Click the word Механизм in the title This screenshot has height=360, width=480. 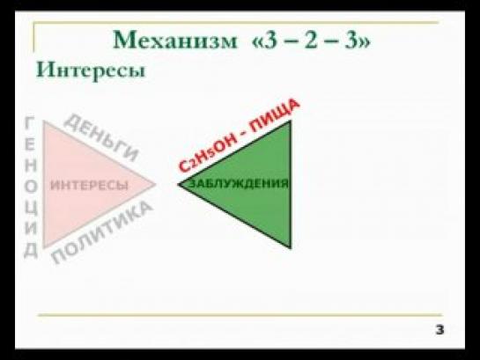point(175,40)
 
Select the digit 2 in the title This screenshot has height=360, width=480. point(311,40)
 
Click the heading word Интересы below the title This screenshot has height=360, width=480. point(91,70)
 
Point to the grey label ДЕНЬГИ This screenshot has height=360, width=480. point(101,137)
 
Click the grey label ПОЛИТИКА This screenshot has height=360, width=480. point(102,232)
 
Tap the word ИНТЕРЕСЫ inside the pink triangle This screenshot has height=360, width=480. point(89,185)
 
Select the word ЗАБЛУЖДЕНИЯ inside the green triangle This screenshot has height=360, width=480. point(240,183)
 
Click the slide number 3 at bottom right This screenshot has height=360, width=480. point(439,330)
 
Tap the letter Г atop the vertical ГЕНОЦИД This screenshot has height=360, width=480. point(29,123)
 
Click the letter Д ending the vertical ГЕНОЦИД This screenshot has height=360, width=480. point(31,251)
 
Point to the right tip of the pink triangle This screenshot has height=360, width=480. point(155,184)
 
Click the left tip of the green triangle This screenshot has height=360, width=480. point(179,184)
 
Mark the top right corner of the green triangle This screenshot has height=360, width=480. point(291,121)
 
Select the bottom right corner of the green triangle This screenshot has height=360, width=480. point(291,248)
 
